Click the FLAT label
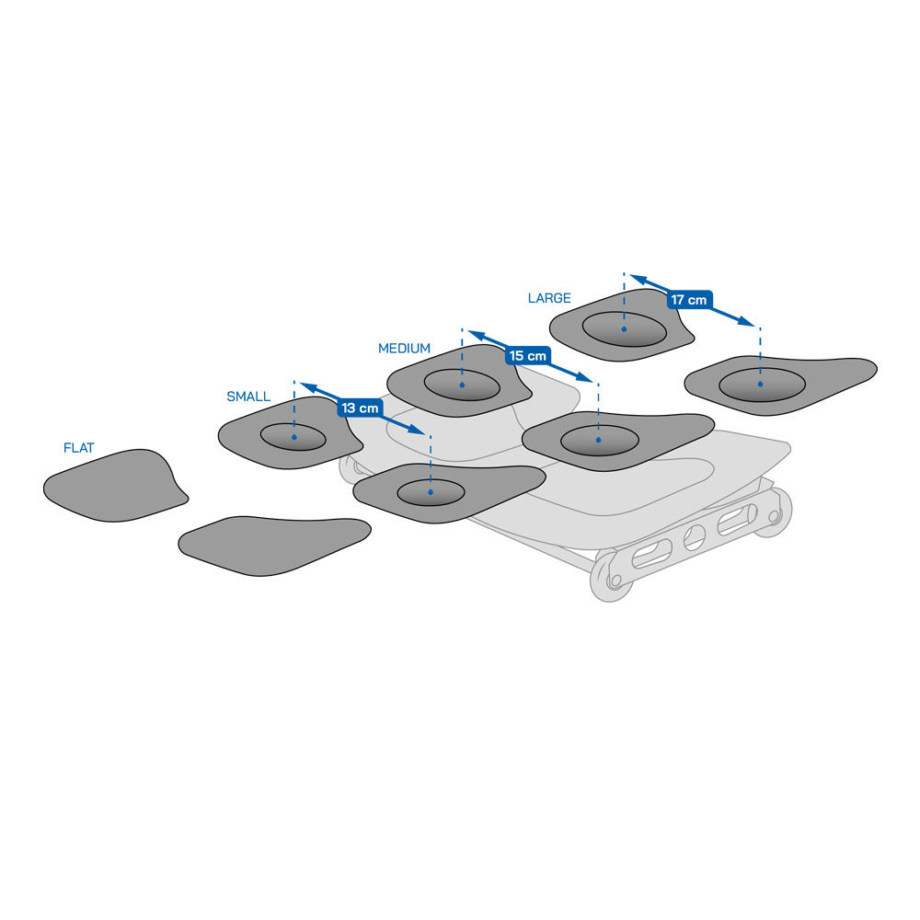click(x=78, y=448)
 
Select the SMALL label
click(x=248, y=397)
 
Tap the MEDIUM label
click(x=404, y=349)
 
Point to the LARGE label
click(x=549, y=298)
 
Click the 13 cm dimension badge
click(x=360, y=408)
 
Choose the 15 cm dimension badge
click(x=527, y=355)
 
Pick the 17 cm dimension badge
click(x=689, y=300)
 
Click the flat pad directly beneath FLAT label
click(x=116, y=486)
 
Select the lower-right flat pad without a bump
click(x=274, y=546)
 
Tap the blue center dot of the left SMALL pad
click(x=294, y=437)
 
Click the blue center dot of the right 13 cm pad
click(x=431, y=492)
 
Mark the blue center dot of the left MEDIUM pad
click(x=463, y=385)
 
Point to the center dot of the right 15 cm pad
click(x=599, y=440)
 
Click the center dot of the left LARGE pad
click(x=624, y=329)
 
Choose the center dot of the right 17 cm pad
click(x=761, y=384)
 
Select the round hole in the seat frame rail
click(x=694, y=537)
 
